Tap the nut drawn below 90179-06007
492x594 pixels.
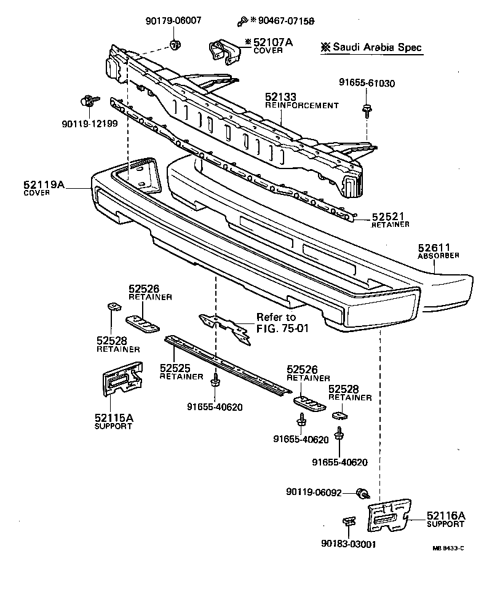click(175, 44)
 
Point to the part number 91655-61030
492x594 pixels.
click(367, 83)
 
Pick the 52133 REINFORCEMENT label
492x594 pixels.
click(301, 101)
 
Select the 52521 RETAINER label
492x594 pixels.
click(390, 220)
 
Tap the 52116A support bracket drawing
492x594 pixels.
click(389, 515)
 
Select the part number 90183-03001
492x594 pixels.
click(348, 544)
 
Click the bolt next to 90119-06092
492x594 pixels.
click(364, 493)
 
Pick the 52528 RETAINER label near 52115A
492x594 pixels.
click(117, 344)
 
